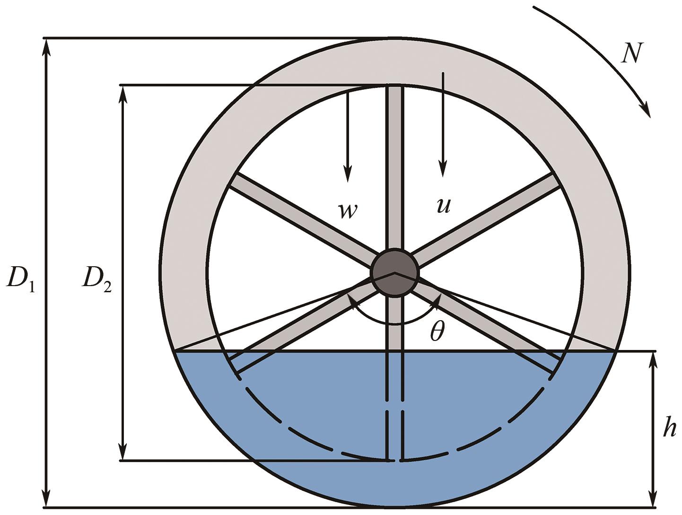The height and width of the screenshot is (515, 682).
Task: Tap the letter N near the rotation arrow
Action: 631,53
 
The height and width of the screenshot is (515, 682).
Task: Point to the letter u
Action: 443,205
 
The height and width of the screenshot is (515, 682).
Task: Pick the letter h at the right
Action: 668,428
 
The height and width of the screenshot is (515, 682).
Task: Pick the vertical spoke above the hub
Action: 395,166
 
